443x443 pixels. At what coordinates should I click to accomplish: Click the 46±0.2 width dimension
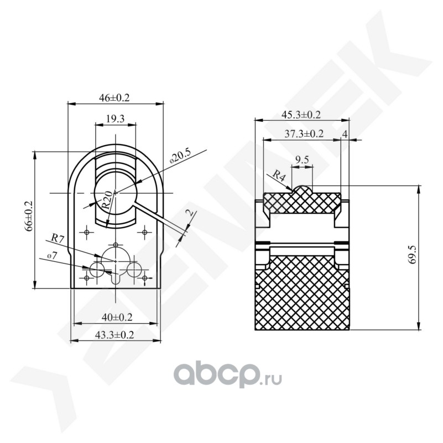114,98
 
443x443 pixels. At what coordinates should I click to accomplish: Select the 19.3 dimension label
115,119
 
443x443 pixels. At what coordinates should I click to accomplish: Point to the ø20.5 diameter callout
180,157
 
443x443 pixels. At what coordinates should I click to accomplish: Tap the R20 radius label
106,200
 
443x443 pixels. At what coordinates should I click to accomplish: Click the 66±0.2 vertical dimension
29,217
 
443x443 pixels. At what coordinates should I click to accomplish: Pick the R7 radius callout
58,238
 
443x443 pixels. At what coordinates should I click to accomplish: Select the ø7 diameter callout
53,256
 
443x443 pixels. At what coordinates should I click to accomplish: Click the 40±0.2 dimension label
117,317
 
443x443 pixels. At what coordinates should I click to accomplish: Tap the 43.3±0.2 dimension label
114,335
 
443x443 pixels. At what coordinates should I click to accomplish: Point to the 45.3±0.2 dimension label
301,115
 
